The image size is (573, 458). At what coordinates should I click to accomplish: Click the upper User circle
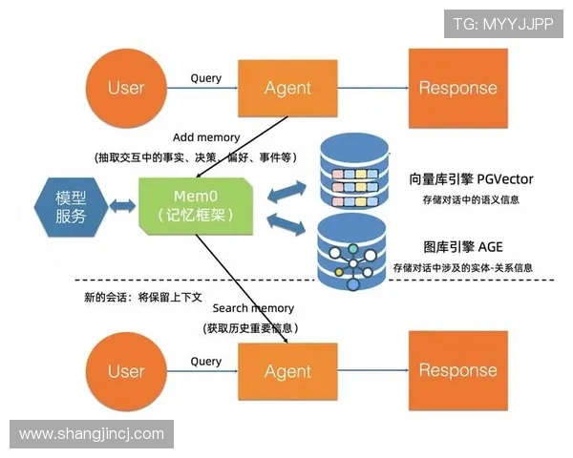126,88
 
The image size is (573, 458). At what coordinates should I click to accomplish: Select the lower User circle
126,371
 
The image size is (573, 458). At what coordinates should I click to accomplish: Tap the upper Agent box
287,88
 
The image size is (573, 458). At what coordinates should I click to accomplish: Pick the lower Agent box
287,371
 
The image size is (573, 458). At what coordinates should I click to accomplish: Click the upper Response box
457,88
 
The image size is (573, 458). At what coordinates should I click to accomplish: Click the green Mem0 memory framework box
197,206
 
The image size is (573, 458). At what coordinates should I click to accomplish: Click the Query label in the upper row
206,78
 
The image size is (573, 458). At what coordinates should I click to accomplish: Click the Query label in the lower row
206,362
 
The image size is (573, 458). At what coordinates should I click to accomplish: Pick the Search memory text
252,308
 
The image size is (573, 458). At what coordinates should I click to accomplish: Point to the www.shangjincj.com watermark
92,434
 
